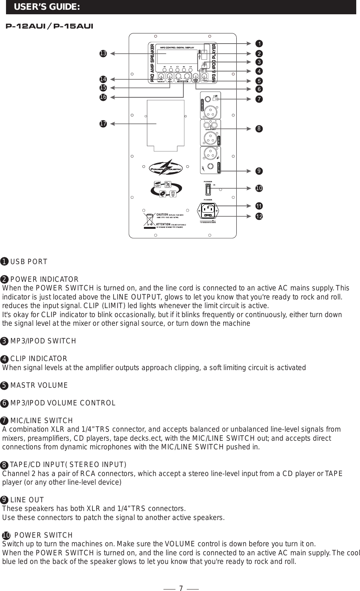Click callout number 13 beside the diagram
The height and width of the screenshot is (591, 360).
tap(103, 54)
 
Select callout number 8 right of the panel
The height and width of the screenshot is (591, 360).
tap(259, 129)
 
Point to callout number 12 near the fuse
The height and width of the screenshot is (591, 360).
tap(259, 217)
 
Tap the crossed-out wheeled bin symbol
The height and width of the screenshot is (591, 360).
tap(149, 220)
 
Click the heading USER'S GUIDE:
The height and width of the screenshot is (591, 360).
tap(47, 7)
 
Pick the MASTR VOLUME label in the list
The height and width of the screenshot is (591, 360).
tap(39, 385)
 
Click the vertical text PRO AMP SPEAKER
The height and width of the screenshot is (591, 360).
tap(153, 63)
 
